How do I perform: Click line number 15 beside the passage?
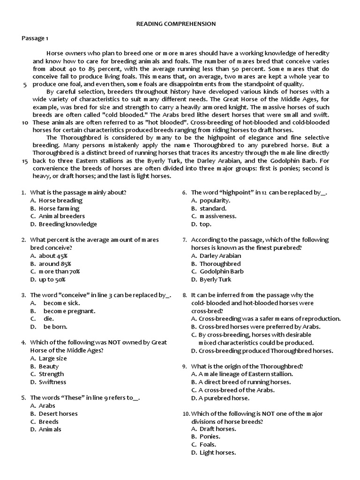point(25,160)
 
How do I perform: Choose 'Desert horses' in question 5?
point(58,413)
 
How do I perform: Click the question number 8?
point(185,295)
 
